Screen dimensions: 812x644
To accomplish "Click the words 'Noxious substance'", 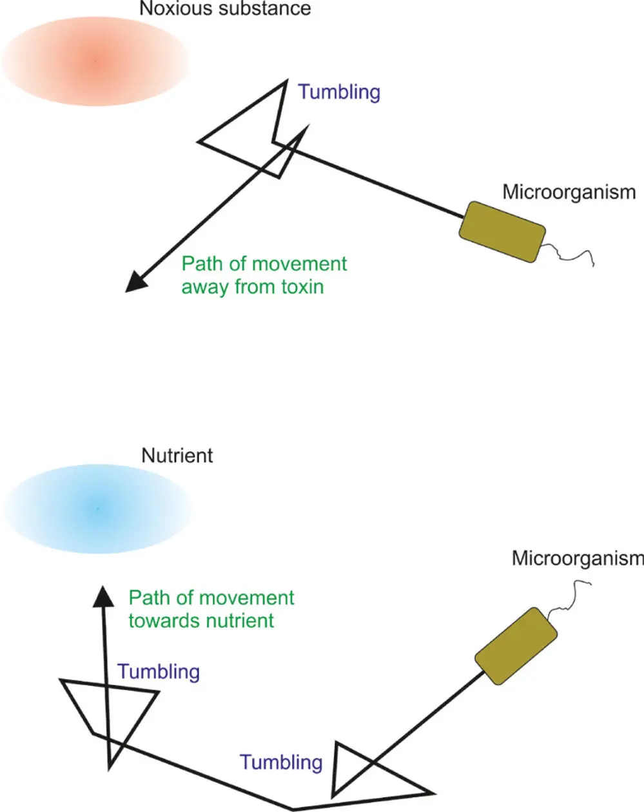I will (x=225, y=9).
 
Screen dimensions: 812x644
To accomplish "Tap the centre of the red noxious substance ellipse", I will (x=95, y=60).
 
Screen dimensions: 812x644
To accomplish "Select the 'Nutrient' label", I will (x=177, y=456).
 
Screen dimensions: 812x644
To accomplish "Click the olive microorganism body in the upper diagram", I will (x=502, y=232).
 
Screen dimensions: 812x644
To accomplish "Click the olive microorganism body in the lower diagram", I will (x=516, y=645).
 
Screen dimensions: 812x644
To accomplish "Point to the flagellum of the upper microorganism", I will (x=571, y=255).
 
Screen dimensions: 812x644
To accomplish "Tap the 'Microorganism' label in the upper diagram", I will (x=569, y=192).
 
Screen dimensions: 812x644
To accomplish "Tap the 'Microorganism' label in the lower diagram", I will (x=577, y=558).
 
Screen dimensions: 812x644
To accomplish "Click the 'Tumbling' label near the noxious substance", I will (x=339, y=92).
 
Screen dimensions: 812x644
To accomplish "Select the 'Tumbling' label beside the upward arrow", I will (x=159, y=671).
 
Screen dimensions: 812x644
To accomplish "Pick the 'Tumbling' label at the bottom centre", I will (x=281, y=762).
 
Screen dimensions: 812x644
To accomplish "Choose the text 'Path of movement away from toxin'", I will (x=264, y=275).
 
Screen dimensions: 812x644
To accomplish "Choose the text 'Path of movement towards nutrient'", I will (x=211, y=609).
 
